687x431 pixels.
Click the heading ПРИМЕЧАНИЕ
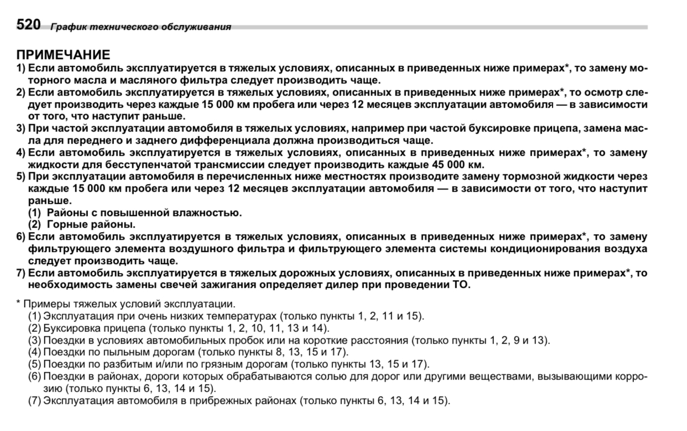coord(63,55)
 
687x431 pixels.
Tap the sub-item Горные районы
coord(91,224)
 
